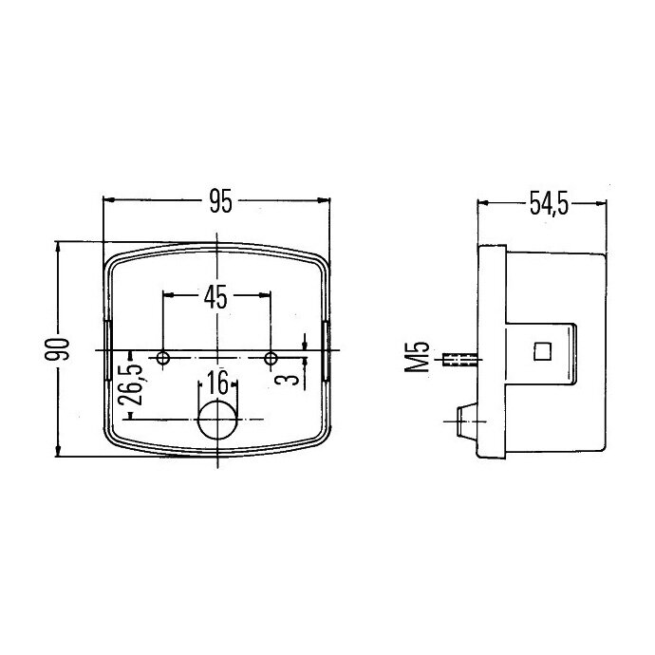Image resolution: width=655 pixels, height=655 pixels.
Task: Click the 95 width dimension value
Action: (220, 201)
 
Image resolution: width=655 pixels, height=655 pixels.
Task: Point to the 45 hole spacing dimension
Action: (215, 298)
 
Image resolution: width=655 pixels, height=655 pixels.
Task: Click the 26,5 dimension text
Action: (131, 384)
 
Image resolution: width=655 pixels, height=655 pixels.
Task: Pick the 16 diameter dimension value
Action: (217, 384)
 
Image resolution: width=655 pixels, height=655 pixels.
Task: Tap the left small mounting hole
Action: (164, 359)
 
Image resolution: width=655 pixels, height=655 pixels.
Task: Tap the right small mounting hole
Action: (271, 359)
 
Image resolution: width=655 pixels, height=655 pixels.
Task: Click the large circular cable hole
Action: (218, 419)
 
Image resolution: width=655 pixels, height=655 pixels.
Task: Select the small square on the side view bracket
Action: (543, 350)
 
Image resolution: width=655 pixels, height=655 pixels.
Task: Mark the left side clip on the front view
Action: (109, 351)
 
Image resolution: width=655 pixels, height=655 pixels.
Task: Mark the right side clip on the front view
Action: (327, 351)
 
